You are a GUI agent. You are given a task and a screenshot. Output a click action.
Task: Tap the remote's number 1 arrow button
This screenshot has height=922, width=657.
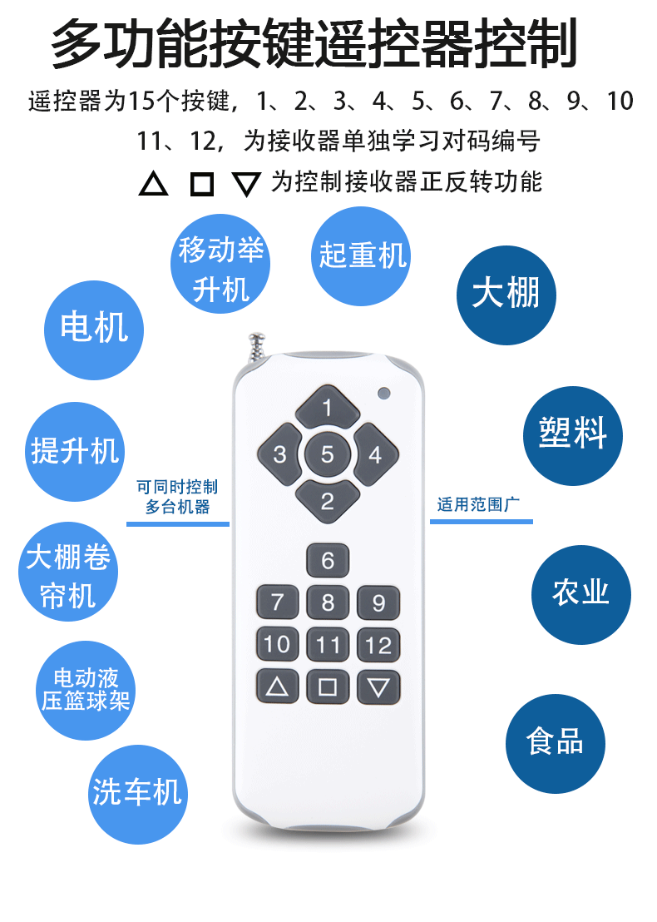click(x=328, y=408)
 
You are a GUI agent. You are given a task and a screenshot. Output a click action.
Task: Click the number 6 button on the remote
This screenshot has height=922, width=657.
click(x=328, y=561)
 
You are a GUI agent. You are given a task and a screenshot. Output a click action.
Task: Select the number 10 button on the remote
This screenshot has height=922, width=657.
click(x=277, y=644)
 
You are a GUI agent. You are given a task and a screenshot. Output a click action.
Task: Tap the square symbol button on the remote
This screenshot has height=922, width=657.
click(x=328, y=687)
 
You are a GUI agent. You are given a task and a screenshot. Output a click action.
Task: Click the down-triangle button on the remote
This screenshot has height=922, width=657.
click(x=378, y=687)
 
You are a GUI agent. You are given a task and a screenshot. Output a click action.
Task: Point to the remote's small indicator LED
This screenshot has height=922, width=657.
click(x=383, y=392)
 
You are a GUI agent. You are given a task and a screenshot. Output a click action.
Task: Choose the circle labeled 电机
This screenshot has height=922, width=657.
click(x=94, y=328)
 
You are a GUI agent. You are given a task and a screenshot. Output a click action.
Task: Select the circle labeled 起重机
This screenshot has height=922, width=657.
click(x=361, y=255)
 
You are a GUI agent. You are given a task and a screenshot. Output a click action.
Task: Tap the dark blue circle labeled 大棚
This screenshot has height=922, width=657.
click(x=506, y=295)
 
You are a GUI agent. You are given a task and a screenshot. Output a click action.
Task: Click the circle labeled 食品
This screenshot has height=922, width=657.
click(x=556, y=743)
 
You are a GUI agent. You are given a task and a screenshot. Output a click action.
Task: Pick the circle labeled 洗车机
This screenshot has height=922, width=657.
click(x=137, y=794)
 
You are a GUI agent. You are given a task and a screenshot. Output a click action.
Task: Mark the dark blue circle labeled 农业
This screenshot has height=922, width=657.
click(x=581, y=593)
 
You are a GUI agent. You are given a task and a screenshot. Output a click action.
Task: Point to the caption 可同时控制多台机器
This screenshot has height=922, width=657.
click(x=177, y=497)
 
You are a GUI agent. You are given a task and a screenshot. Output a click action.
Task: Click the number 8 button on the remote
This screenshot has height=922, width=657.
click(x=328, y=602)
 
